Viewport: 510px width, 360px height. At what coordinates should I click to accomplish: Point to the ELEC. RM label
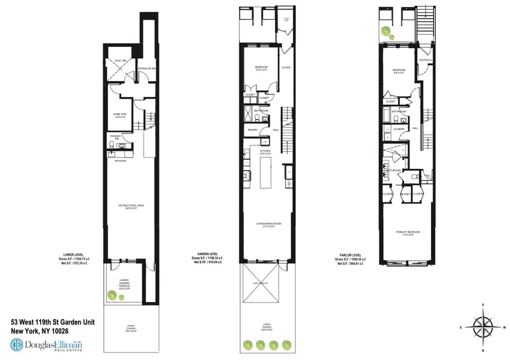tap(115, 61)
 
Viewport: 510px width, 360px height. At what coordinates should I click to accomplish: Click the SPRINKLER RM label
tap(147, 69)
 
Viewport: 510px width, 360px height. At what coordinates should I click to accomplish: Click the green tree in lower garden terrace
tap(112, 294)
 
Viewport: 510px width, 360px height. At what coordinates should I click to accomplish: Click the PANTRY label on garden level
tap(253, 130)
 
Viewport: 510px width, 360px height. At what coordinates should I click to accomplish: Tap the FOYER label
tap(286, 68)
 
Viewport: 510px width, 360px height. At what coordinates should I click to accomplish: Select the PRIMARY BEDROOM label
tap(408, 233)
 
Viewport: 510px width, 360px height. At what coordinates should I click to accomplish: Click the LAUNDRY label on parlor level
tap(400, 129)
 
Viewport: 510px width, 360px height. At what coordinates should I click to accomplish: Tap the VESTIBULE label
tap(425, 60)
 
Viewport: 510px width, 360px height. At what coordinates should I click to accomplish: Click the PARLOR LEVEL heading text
tap(350, 254)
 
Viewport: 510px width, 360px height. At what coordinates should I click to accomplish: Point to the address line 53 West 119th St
tap(53, 322)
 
